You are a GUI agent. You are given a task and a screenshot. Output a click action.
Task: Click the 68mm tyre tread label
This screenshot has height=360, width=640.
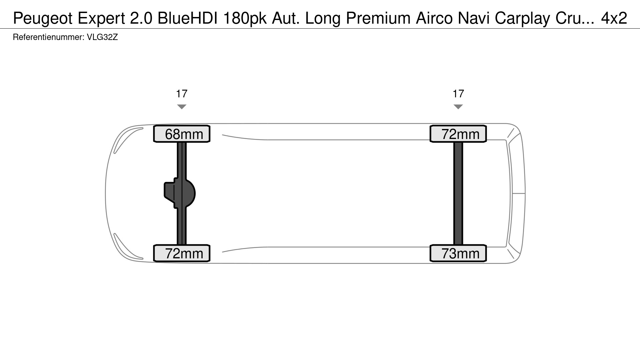pos(182,134)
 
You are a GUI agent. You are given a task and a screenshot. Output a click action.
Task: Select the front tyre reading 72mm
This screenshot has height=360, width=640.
pos(182,253)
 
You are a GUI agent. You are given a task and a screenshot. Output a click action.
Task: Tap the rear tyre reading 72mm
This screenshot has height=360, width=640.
pos(458,134)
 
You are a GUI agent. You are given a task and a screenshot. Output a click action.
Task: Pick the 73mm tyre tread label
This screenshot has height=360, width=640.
pos(458,253)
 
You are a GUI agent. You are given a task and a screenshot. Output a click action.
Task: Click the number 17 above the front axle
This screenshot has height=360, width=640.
pos(182,94)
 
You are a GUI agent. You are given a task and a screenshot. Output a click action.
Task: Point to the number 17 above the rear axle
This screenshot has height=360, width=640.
pos(458,94)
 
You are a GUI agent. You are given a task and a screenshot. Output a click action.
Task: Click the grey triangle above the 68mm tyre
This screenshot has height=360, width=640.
pos(182,107)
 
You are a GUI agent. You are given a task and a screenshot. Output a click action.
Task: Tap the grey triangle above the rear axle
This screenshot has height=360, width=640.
pos(458,107)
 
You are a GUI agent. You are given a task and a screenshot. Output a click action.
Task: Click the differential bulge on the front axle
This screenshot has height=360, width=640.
pos(180,193)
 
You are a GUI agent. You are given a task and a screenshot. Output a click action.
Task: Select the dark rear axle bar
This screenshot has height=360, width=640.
pos(458,194)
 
